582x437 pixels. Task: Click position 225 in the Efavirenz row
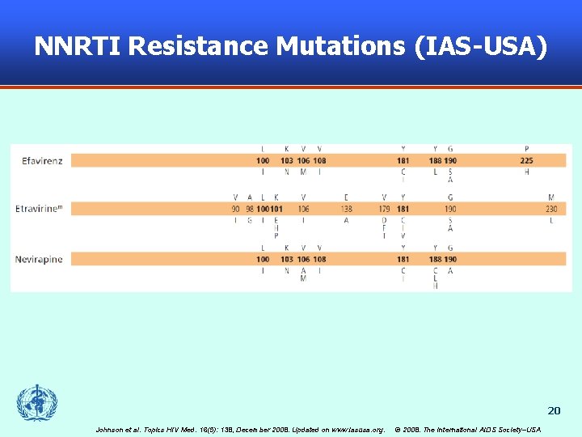click(x=526, y=161)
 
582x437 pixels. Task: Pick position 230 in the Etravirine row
click(x=551, y=210)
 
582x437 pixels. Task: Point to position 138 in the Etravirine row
click(x=346, y=210)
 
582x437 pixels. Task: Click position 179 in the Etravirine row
click(x=384, y=210)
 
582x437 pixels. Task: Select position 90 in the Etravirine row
click(x=235, y=210)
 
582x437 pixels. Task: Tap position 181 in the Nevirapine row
click(x=403, y=259)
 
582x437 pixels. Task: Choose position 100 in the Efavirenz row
click(x=263, y=161)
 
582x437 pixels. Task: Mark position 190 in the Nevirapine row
click(x=450, y=259)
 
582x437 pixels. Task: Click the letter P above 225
click(x=526, y=149)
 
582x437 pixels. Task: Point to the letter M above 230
click(x=551, y=197)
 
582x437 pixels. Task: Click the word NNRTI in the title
click(x=77, y=46)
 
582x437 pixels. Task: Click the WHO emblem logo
click(x=37, y=402)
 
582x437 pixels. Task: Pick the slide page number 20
click(x=554, y=410)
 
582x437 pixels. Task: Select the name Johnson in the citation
click(x=112, y=429)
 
